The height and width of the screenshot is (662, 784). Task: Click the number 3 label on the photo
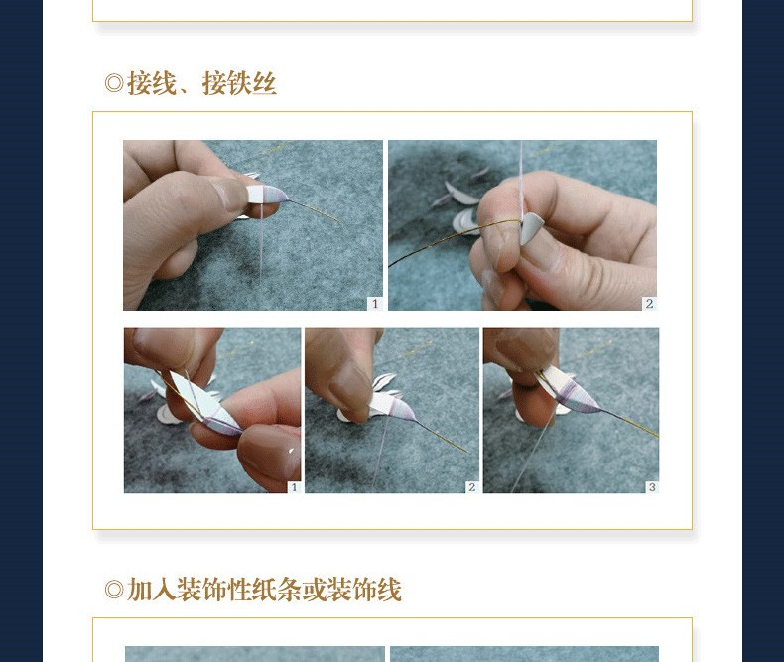[x=652, y=487]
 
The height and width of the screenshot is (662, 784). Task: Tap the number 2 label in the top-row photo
[x=649, y=303]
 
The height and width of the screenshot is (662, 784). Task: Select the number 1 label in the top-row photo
[x=375, y=304]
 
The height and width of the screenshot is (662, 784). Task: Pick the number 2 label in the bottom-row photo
[x=472, y=487]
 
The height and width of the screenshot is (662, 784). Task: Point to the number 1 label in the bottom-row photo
[x=294, y=487]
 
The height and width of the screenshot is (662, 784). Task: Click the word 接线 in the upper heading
[x=152, y=83]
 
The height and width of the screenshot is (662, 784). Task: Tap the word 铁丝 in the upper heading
[x=251, y=83]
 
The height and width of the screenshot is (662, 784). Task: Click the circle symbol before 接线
[x=114, y=83]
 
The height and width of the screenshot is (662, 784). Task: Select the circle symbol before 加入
[x=114, y=590]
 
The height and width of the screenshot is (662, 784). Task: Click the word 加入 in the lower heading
[x=152, y=590]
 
